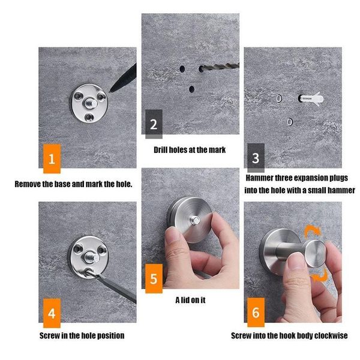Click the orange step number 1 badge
click(52, 159)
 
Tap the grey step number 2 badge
click(154, 125)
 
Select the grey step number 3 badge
click(256, 158)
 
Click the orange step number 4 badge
click(52, 314)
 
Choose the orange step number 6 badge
click(256, 313)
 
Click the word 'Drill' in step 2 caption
click(164, 149)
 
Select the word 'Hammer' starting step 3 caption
click(262, 178)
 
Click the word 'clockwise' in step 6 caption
click(328, 335)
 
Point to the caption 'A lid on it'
click(190, 299)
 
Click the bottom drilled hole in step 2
click(191, 89)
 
